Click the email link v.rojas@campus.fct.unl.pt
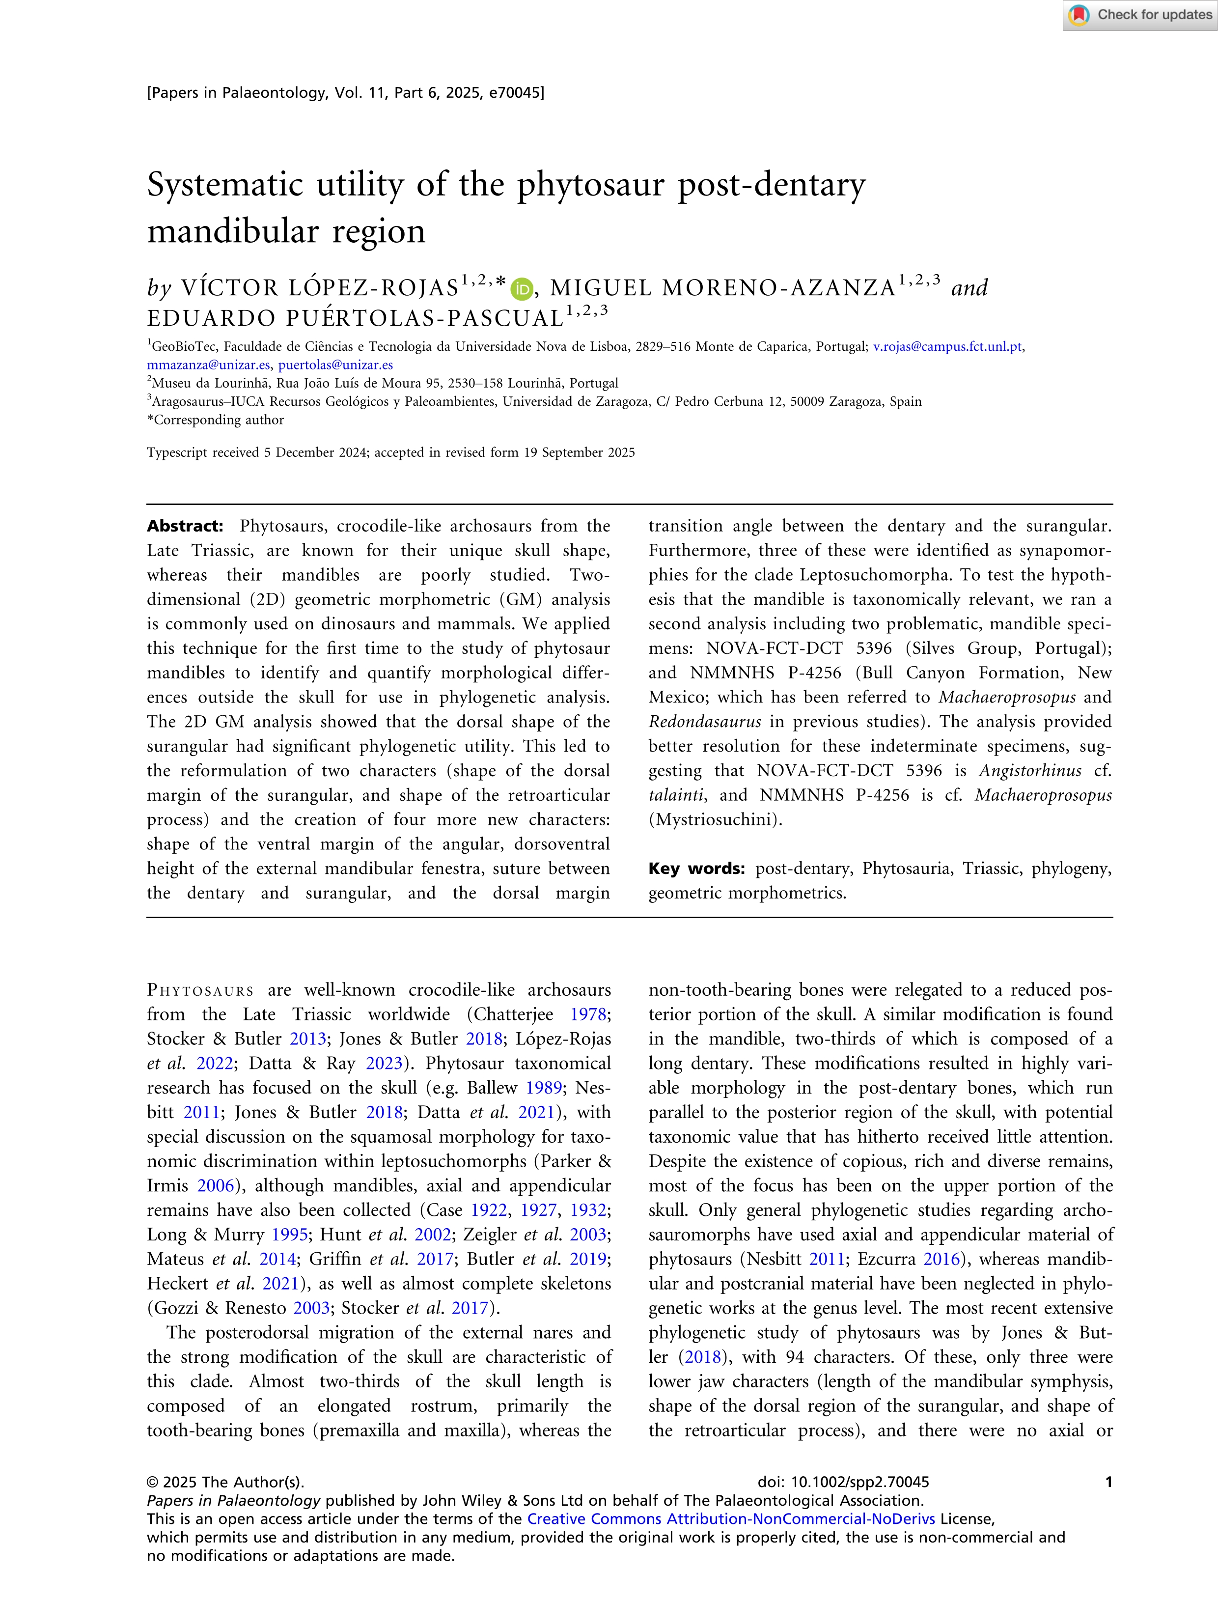947,347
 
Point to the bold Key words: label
696,869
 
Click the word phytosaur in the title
589,185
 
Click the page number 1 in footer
1108,1482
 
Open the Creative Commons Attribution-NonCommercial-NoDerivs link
731,1519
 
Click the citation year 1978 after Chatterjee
587,1014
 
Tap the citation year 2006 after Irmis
216,1185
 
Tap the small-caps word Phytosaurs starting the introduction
200,990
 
